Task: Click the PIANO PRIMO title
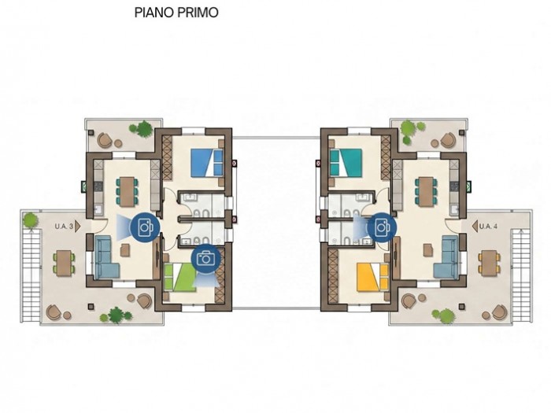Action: click(176, 13)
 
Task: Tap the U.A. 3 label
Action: click(64, 227)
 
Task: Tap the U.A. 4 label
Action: click(488, 227)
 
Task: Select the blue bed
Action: click(207, 163)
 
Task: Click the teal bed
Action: click(346, 162)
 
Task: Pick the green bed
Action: click(180, 277)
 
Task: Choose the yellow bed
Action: click(372, 278)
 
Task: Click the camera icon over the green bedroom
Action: click(206, 259)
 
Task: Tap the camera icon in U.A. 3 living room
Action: click(145, 227)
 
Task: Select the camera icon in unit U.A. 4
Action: click(382, 227)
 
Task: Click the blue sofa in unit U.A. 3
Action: click(105, 256)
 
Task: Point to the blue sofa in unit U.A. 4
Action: click(446, 256)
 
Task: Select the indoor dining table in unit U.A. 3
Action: click(127, 191)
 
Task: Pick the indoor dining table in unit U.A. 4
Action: click(426, 191)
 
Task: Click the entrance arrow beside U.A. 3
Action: click(78, 227)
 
